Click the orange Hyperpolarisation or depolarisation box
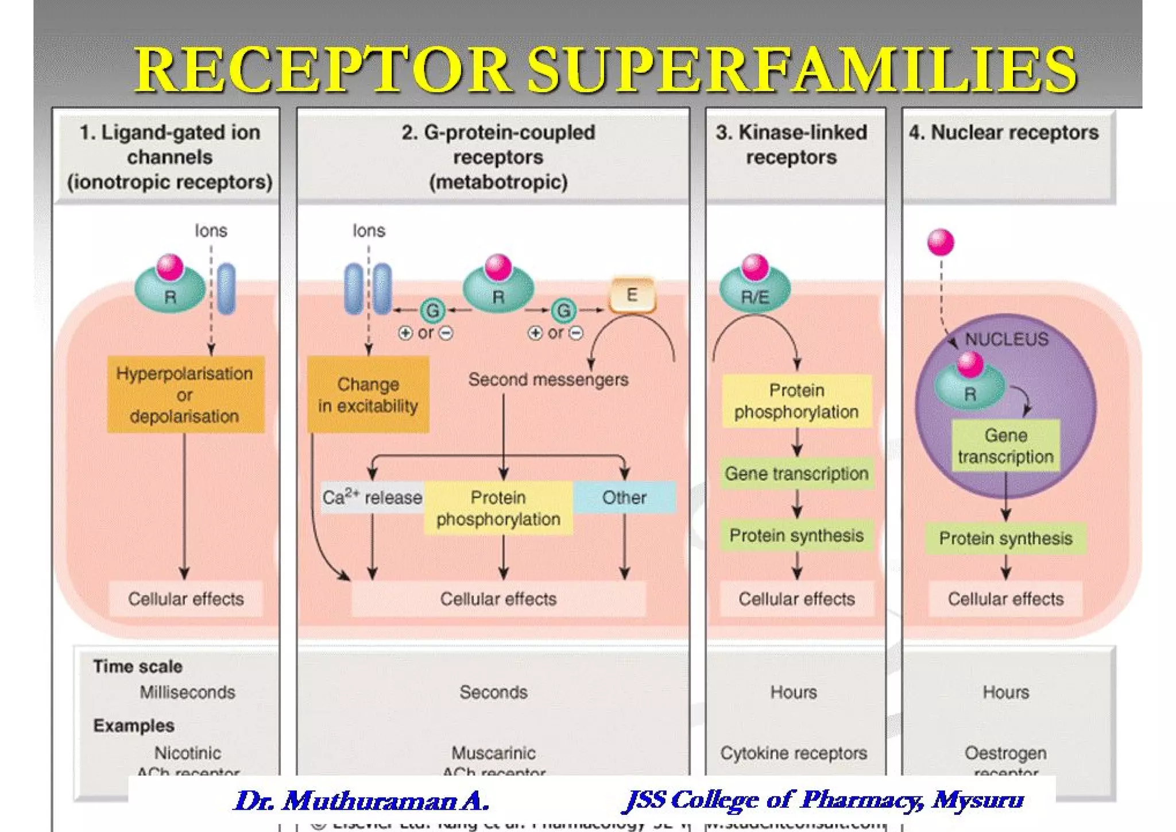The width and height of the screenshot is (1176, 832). click(185, 394)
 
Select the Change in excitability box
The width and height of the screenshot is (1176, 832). click(368, 395)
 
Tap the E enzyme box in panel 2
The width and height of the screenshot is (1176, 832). click(632, 295)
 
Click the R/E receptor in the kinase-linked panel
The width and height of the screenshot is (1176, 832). click(755, 293)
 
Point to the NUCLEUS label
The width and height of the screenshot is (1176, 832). click(1006, 339)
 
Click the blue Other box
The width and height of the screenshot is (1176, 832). click(624, 497)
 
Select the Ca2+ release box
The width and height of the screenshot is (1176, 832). click(372, 497)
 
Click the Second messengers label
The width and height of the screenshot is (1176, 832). click(548, 379)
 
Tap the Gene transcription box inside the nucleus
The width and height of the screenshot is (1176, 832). click(1005, 446)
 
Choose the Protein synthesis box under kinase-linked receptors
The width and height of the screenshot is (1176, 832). click(796, 536)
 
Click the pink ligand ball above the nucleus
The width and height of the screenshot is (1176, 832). click(941, 242)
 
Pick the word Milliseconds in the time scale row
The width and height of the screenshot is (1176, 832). click(187, 692)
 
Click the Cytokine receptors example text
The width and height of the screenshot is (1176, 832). click(794, 753)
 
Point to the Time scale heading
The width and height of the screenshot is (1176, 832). click(138, 667)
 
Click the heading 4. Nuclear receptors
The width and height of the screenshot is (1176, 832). click(1003, 133)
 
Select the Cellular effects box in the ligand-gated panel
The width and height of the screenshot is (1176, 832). click(185, 599)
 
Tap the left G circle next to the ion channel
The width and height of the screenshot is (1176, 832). click(432, 311)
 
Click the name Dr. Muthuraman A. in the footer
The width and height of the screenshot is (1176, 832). click(362, 800)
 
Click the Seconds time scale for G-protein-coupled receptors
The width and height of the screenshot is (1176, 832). click(493, 692)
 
